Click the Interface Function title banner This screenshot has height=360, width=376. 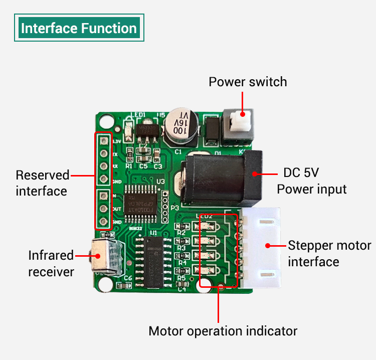point(79,28)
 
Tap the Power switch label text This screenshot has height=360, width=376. point(248,82)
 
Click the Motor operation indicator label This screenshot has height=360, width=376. point(223,331)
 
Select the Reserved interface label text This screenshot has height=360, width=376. point(42,183)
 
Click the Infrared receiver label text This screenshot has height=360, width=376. point(51,263)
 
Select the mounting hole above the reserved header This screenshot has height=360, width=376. point(106,121)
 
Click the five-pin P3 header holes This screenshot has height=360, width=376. point(165,206)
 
